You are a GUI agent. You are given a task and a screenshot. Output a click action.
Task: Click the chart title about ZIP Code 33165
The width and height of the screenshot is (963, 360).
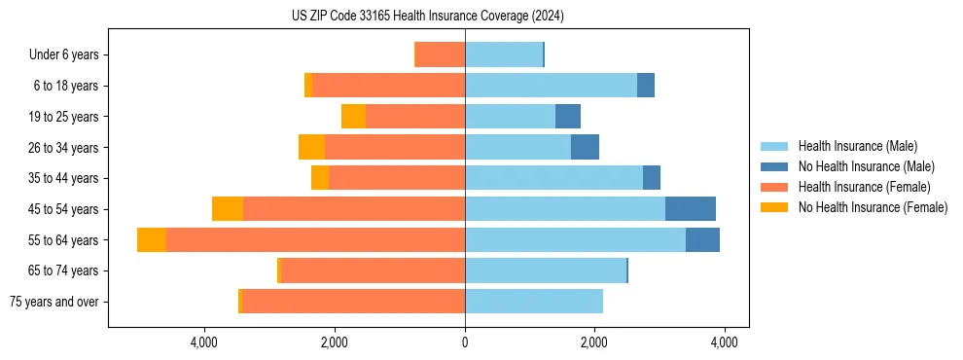point(428,17)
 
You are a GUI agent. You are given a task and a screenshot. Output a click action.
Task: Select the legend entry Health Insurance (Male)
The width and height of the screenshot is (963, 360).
point(857,146)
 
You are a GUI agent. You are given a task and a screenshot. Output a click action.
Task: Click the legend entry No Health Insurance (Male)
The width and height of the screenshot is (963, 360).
point(866,166)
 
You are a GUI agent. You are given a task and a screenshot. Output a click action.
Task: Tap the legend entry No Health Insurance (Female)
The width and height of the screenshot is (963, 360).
point(873,207)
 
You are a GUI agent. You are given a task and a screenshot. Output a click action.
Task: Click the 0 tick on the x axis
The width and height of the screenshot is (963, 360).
point(465,342)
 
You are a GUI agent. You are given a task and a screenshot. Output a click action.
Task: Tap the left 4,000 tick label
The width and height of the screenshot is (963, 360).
point(204,342)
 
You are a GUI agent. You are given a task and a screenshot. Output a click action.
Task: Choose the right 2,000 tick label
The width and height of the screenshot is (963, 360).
point(594,342)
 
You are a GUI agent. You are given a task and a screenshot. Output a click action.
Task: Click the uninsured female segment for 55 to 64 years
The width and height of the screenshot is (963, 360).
point(152,240)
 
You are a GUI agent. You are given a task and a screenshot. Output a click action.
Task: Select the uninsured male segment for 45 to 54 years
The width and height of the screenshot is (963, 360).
point(691,209)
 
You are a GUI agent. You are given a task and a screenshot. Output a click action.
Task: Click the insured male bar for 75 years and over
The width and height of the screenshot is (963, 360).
point(534,302)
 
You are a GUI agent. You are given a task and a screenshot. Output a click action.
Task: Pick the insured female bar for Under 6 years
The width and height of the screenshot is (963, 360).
point(441,55)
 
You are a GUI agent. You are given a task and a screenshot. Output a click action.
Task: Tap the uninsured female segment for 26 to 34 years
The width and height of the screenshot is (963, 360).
point(311,148)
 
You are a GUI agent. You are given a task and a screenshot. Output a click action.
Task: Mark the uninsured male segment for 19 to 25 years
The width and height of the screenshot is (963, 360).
point(568,117)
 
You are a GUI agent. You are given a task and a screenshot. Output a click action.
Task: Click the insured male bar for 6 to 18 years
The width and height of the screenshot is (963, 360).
point(551,86)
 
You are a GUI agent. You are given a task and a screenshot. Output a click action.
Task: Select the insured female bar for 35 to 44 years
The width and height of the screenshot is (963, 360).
point(397,178)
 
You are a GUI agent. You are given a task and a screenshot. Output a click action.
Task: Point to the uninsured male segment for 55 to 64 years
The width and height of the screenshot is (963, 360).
point(702,240)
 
